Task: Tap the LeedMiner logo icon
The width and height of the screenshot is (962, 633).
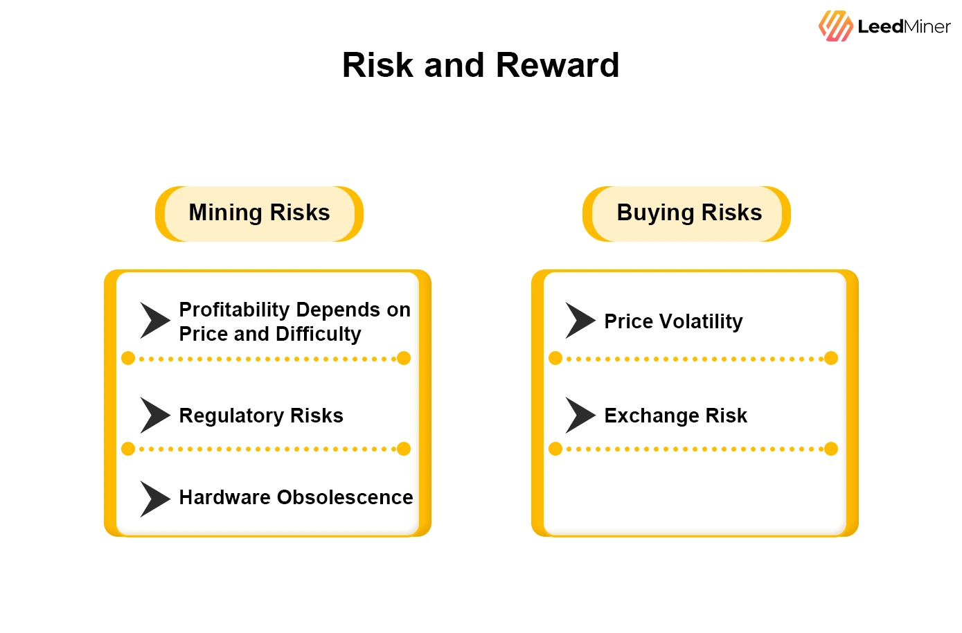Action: pyautogui.click(x=835, y=26)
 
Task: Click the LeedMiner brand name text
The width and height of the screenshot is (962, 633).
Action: pyautogui.click(x=904, y=27)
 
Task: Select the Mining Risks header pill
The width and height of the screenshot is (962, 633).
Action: pyautogui.click(x=259, y=213)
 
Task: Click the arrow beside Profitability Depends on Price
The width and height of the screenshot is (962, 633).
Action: pyautogui.click(x=154, y=321)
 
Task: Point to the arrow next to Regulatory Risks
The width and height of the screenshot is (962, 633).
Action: pyautogui.click(x=154, y=416)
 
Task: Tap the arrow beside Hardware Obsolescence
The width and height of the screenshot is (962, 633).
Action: pyautogui.click(x=154, y=499)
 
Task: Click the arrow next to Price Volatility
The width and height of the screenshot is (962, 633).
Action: pyautogui.click(x=580, y=321)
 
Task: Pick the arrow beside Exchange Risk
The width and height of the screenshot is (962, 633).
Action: pyautogui.click(x=580, y=416)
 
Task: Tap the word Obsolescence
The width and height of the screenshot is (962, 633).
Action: pyautogui.click(x=344, y=497)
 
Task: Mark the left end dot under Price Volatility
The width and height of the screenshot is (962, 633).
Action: pyautogui.click(x=555, y=358)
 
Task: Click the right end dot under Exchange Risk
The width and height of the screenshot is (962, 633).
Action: pyautogui.click(x=831, y=449)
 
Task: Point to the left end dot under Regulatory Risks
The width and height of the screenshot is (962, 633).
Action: pyautogui.click(x=128, y=449)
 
